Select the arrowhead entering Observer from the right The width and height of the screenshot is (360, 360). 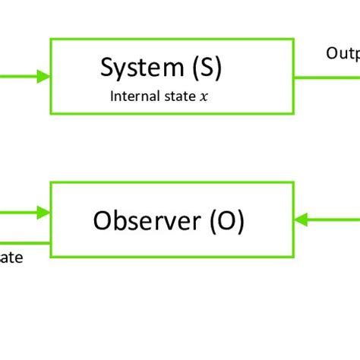(x=301, y=219)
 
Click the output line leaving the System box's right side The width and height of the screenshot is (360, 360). (x=327, y=76)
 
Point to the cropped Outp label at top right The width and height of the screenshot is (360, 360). (x=343, y=53)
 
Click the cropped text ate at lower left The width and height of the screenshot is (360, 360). (x=11, y=258)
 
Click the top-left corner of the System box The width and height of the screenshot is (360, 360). (x=51, y=39)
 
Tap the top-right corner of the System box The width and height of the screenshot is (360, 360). (x=293, y=39)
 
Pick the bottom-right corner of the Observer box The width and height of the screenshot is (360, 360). (x=293, y=255)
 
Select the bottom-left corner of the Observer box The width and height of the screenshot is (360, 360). (x=51, y=255)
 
